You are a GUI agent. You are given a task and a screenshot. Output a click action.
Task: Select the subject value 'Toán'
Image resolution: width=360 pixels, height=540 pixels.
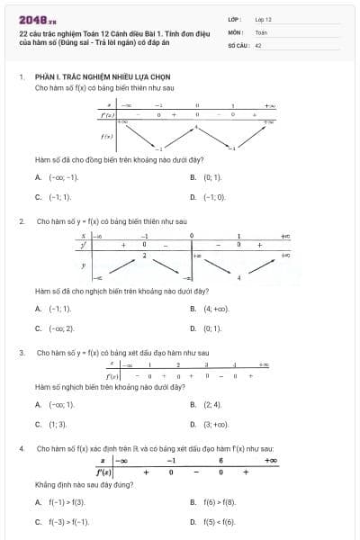(x=261, y=31)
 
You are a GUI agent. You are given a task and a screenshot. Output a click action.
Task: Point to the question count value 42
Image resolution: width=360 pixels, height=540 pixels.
(x=258, y=44)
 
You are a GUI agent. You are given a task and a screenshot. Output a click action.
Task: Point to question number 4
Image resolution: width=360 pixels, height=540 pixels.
(x=21, y=447)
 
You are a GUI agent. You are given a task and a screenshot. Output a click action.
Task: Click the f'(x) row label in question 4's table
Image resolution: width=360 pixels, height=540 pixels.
(x=104, y=472)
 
